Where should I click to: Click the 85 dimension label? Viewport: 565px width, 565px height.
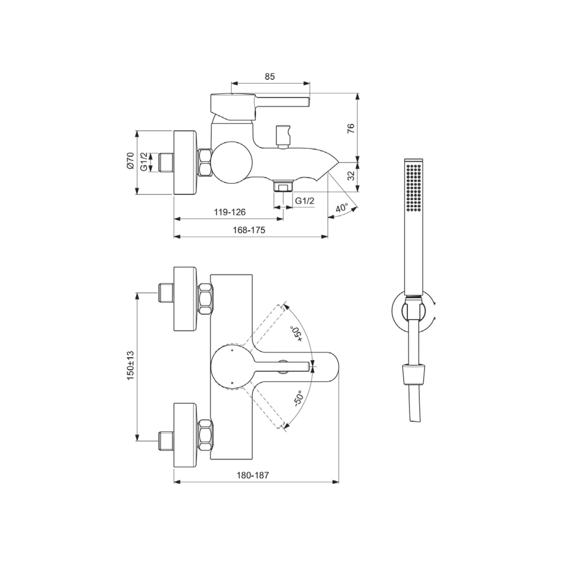[270, 77]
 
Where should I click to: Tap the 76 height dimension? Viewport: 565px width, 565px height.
[351, 128]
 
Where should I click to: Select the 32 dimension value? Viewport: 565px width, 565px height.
[351, 175]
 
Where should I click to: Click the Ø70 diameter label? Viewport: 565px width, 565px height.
[130, 160]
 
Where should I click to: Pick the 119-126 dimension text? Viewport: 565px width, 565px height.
[230, 212]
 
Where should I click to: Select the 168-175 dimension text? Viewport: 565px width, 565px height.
[249, 230]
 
